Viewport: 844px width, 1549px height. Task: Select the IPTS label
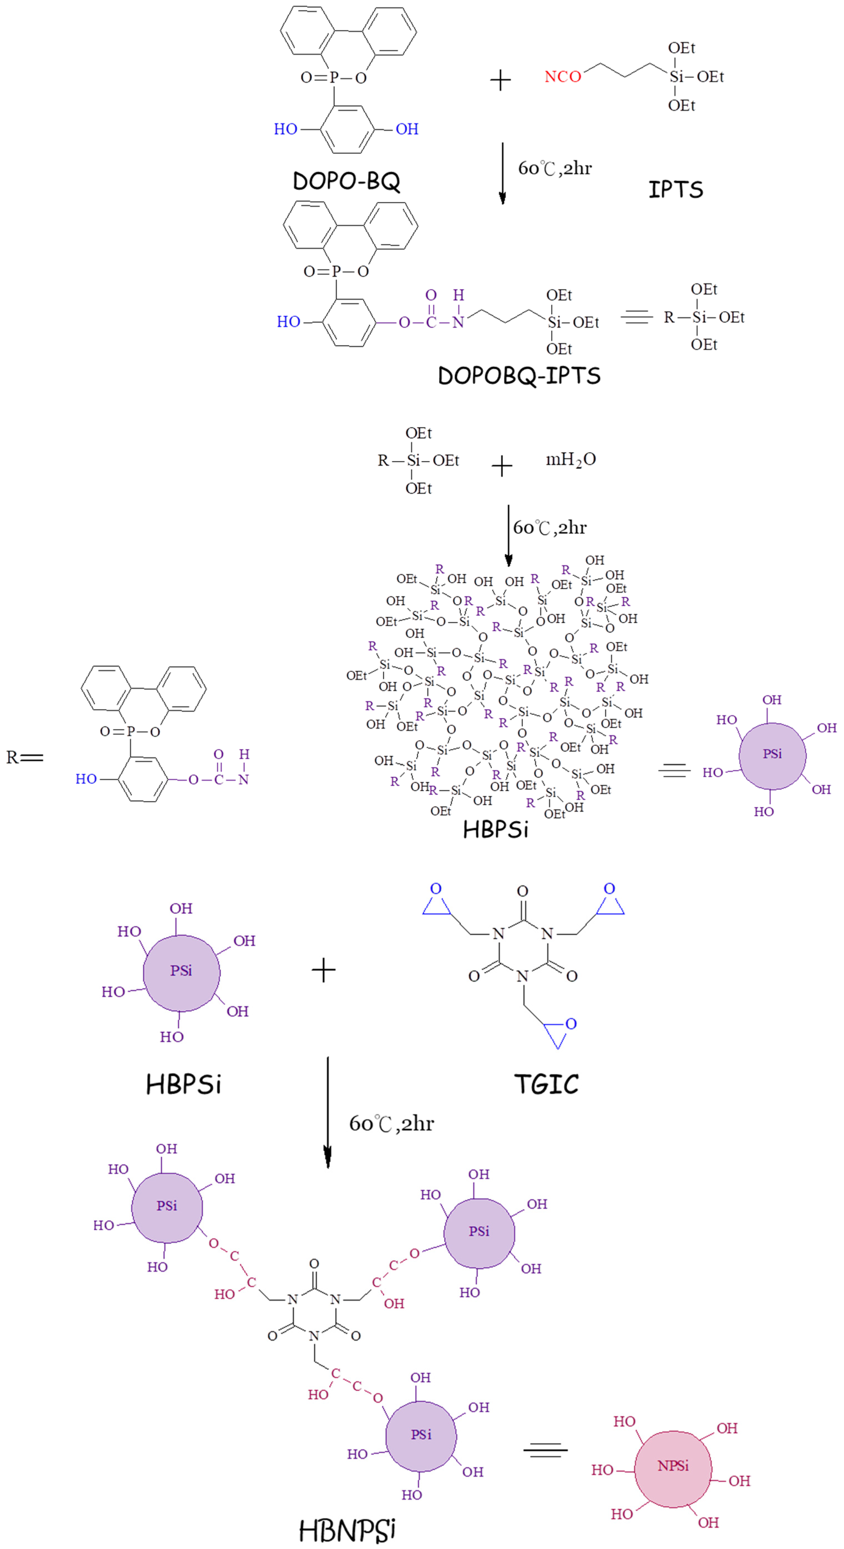click(x=676, y=189)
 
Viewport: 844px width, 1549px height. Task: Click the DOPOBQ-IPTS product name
click(x=519, y=376)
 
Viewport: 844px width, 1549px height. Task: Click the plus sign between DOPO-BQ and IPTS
click(x=500, y=80)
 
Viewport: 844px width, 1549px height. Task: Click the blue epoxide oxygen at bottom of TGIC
click(x=571, y=1023)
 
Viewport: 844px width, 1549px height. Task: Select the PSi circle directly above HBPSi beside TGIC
click(x=181, y=971)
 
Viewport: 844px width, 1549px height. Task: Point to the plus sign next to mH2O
click(x=501, y=466)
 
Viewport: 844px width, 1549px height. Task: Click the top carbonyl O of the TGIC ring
click(x=522, y=890)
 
